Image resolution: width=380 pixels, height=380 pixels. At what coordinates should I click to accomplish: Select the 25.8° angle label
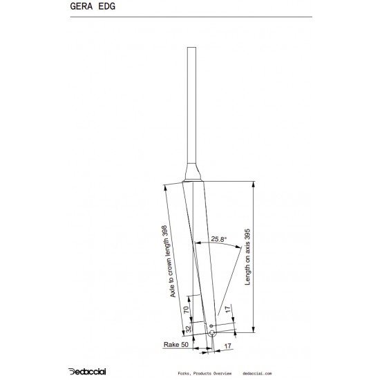click(218, 239)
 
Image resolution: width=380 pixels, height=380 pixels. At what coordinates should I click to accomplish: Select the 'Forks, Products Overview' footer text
click(209, 371)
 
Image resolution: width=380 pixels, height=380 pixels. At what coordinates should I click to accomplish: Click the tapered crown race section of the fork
click(192, 170)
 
